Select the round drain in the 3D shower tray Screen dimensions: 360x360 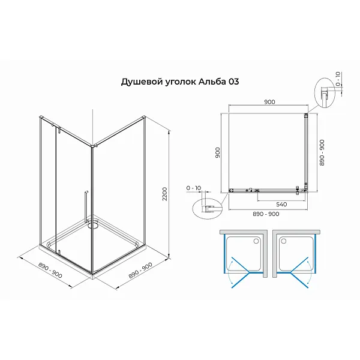coord(93,226)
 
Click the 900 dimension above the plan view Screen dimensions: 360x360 coord(269,102)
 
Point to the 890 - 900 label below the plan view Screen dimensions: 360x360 coord(266,214)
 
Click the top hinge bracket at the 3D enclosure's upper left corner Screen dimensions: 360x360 coord(41,118)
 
